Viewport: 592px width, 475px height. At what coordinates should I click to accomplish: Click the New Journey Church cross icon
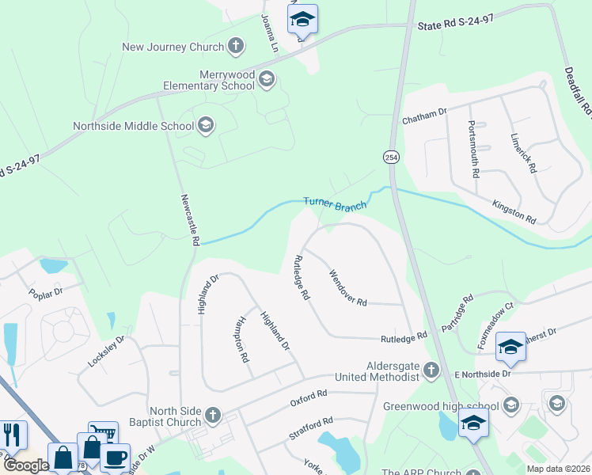pos(235,46)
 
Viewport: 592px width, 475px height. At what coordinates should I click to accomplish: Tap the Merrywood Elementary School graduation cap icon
pos(266,78)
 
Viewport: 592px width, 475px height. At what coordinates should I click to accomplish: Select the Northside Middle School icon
pos(206,124)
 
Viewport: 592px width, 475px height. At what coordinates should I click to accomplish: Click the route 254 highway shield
pos(393,157)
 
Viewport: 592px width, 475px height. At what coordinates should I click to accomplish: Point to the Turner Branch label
pos(335,204)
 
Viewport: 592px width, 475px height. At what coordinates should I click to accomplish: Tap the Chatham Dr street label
pos(425,117)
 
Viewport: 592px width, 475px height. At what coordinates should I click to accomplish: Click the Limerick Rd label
pos(523,154)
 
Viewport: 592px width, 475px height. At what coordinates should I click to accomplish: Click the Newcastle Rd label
pos(189,219)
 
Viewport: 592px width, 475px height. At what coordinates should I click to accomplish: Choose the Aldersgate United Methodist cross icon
pos(431,369)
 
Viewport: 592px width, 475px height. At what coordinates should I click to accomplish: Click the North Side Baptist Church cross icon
pos(212,414)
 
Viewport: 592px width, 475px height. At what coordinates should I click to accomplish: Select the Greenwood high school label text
pos(441,406)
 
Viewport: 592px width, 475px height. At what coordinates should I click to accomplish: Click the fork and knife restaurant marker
pos(12,435)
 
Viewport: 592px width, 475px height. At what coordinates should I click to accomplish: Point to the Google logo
pos(25,465)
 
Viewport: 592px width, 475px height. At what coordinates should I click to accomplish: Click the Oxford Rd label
pos(309,394)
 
